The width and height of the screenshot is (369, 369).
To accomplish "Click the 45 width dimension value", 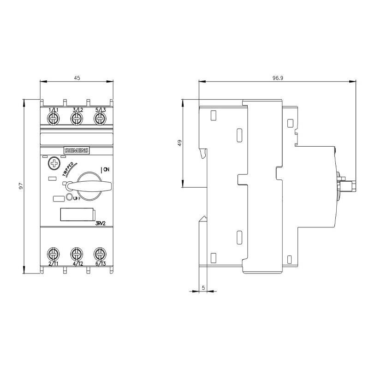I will point(77,78).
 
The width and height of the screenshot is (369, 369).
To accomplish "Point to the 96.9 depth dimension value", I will point(278,78).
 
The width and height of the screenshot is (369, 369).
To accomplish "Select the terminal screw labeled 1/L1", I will point(53,119).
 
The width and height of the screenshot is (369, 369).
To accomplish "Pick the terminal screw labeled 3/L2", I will point(76,119).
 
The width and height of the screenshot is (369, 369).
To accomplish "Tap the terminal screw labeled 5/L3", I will point(99,119).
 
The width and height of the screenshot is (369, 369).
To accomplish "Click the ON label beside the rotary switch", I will point(106,170).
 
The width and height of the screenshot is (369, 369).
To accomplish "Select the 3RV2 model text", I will point(101,223).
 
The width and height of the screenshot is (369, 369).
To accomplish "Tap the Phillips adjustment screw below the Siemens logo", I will point(54,163).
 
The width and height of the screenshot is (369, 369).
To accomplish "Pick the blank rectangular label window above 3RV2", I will point(77,215).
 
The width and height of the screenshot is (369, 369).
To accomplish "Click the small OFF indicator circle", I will point(69,197).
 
